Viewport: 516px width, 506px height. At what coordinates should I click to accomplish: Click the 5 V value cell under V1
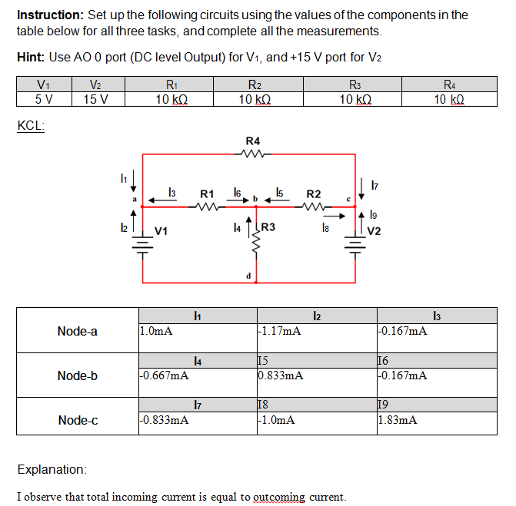pyautogui.click(x=45, y=100)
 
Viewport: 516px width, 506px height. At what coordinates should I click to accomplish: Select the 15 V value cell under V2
pyautogui.click(x=95, y=100)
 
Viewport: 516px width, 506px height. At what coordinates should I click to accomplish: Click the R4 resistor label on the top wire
pyautogui.click(x=252, y=141)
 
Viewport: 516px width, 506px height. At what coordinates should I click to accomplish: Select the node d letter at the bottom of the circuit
pyautogui.click(x=248, y=276)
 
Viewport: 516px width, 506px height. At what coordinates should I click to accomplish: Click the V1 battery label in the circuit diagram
pyautogui.click(x=162, y=230)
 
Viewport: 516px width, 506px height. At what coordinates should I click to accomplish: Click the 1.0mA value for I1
pyautogui.click(x=156, y=332)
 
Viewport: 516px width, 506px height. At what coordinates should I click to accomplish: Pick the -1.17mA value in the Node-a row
pyautogui.click(x=279, y=332)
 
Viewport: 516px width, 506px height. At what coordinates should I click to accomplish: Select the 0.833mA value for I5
pyautogui.click(x=281, y=376)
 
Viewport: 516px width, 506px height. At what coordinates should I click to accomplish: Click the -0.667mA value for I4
pyautogui.click(x=164, y=376)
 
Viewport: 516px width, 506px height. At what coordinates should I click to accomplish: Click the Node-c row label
pyautogui.click(x=78, y=420)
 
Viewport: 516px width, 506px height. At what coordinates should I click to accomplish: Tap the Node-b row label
pyautogui.click(x=78, y=375)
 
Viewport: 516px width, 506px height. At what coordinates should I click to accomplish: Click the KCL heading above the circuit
pyautogui.click(x=30, y=127)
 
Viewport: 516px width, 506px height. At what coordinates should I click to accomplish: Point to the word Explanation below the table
pyautogui.click(x=52, y=469)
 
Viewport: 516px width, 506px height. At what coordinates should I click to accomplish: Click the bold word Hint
pyautogui.click(x=31, y=58)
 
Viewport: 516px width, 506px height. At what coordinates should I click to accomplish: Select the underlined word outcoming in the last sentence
pyautogui.click(x=278, y=497)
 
